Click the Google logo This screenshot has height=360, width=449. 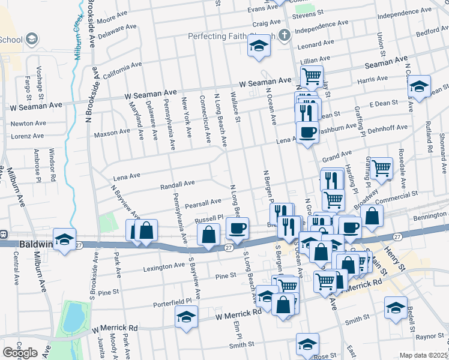click(20, 353)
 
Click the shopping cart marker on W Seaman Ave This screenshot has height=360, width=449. click(312, 76)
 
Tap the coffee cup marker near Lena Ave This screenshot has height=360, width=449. click(308, 131)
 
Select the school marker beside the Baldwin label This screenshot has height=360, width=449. click(64, 238)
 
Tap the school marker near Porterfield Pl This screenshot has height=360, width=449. click(187, 316)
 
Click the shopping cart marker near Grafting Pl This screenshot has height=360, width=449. click(381, 169)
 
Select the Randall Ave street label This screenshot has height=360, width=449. click(178, 184)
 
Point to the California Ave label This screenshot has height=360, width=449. click(122, 70)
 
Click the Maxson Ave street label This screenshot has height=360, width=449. click(112, 131)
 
